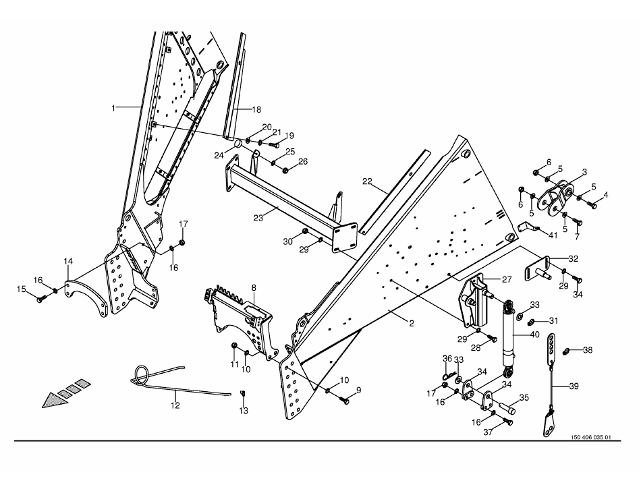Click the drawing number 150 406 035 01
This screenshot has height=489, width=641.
point(590,437)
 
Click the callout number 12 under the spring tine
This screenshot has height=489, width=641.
point(175,405)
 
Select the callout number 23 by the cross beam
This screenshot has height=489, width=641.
point(258,218)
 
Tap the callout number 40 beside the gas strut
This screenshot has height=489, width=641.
point(534,335)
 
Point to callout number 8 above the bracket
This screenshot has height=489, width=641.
point(254,287)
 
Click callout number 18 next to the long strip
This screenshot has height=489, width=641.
point(256,109)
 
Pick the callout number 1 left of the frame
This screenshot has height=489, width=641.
point(113,108)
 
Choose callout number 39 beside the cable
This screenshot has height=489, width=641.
point(574,386)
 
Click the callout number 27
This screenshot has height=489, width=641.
point(507,279)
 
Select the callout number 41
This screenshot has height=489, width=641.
point(553,235)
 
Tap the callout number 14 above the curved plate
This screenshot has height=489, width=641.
point(68,260)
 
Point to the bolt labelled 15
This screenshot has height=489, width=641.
point(41,299)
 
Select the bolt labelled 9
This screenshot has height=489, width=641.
point(345,401)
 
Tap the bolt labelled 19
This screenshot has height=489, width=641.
point(275,144)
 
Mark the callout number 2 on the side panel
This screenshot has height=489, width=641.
point(412,324)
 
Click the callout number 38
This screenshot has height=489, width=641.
point(588,349)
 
